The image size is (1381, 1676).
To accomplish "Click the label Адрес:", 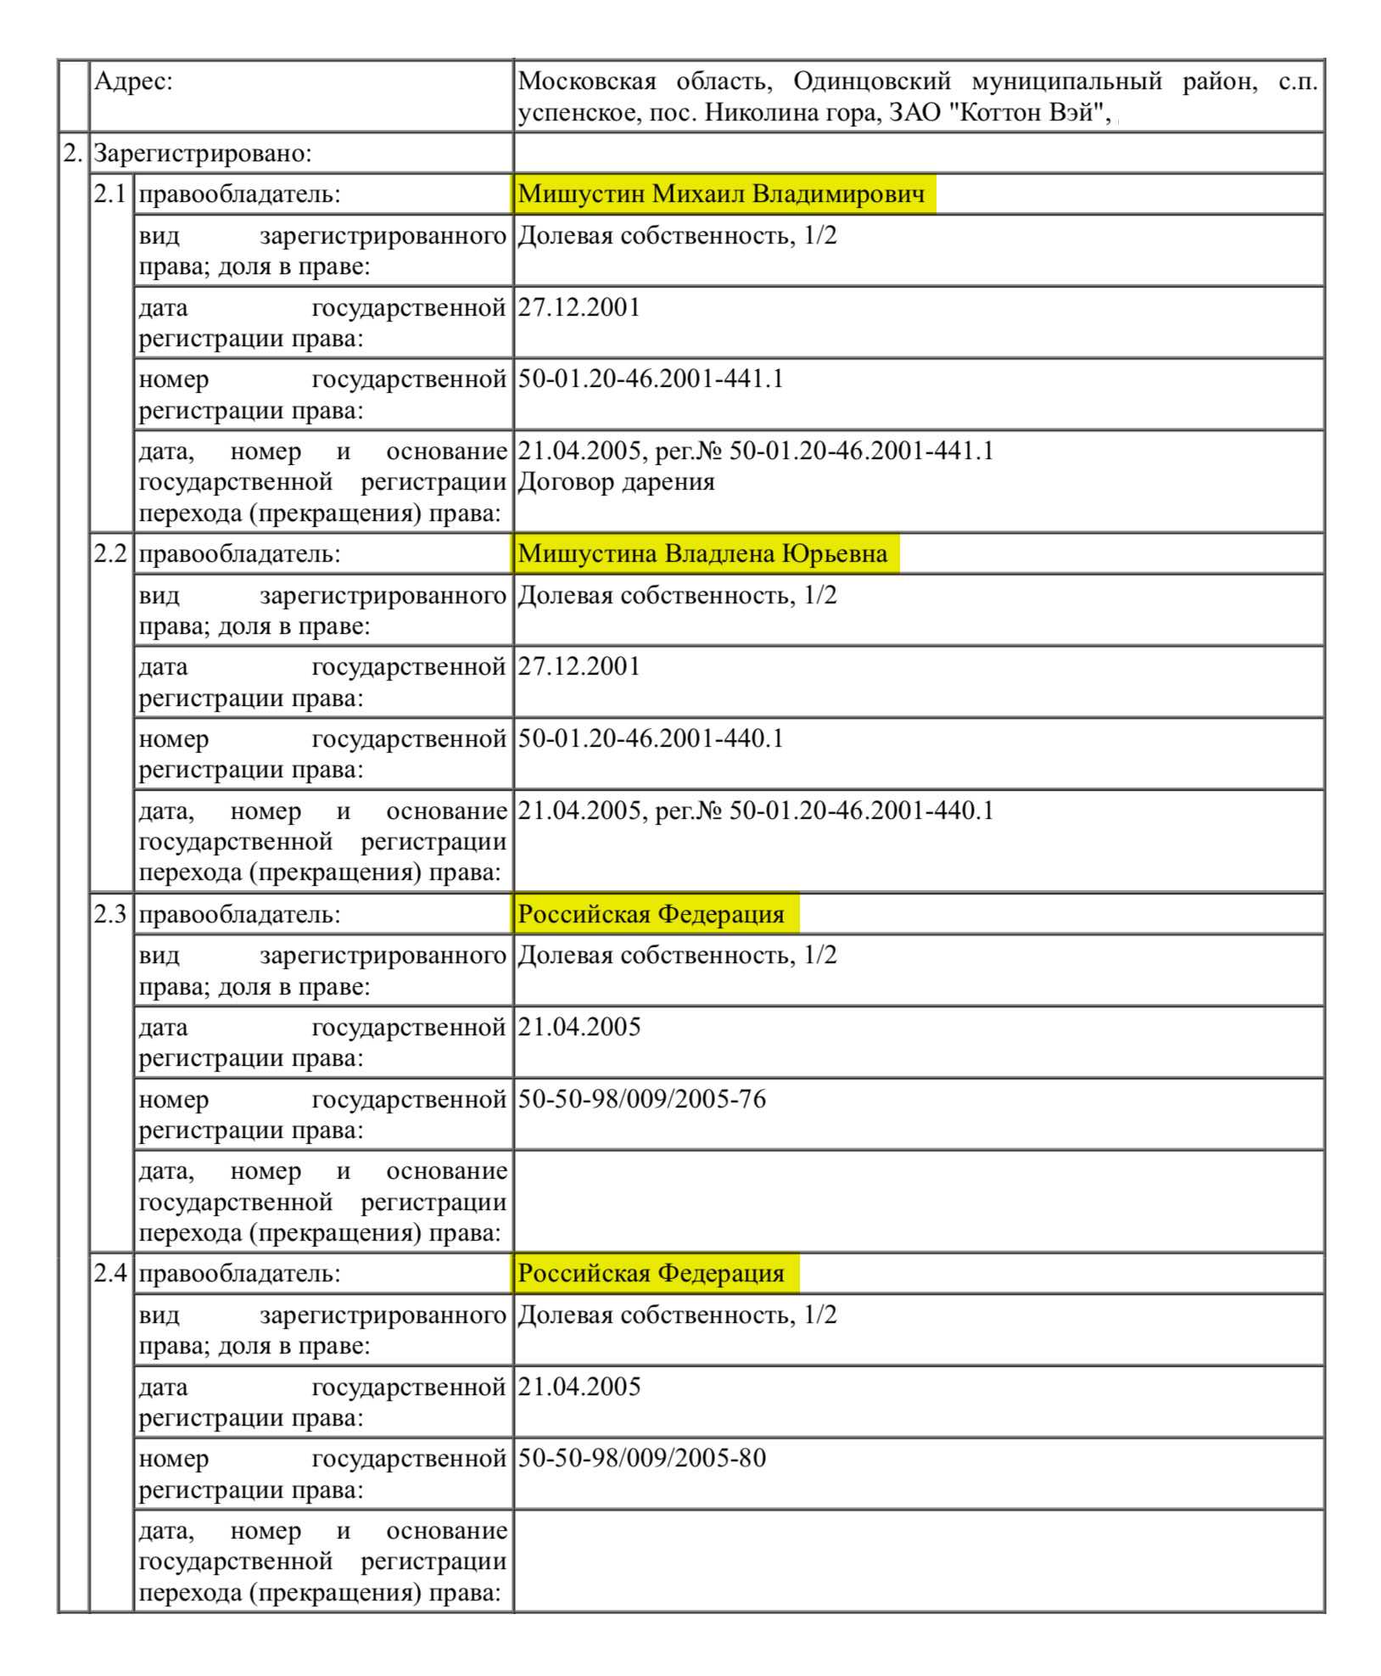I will point(133,81).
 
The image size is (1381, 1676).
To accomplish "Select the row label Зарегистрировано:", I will point(203,154).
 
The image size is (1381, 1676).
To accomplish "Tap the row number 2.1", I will point(109,193).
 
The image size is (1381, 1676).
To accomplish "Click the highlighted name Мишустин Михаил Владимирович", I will point(721,193).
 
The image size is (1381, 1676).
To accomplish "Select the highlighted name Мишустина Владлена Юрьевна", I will point(702,553).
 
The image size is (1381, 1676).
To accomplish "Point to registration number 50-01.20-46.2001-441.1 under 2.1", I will point(651,378).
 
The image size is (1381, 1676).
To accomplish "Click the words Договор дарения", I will point(616,482).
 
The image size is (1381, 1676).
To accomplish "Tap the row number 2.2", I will point(109,553).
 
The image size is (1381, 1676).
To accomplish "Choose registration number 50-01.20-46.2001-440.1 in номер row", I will point(651,738).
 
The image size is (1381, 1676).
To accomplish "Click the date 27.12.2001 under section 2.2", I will point(579,666).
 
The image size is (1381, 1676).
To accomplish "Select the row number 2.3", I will point(109,914).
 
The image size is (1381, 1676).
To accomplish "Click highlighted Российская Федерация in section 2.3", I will point(651,914).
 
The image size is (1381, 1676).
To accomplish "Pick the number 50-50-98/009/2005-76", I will point(641,1099).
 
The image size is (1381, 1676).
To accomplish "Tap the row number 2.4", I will point(109,1273).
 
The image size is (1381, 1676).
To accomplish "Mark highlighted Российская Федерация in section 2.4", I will point(651,1273).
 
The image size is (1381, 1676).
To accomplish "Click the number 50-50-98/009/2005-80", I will point(641,1458).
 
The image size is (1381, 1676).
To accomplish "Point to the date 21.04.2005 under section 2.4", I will point(579,1387).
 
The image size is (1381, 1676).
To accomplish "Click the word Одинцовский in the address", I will point(871,81).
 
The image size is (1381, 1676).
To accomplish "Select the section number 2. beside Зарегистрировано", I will point(73,154).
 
